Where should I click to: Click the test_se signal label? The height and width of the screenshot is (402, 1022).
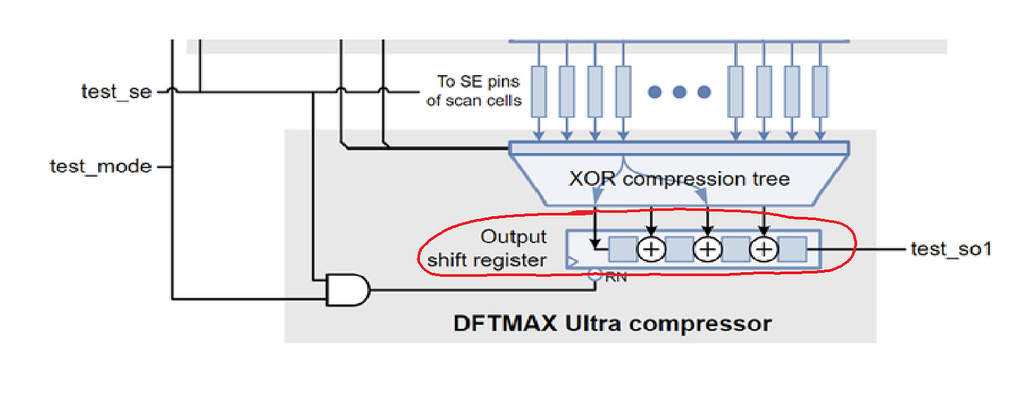point(116,92)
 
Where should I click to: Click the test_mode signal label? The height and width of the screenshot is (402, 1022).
point(100,167)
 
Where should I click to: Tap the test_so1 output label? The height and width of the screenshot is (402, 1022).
point(950,249)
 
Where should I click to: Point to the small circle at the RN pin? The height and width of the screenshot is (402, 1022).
point(595,276)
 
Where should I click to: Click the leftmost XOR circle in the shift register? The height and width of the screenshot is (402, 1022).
point(651,249)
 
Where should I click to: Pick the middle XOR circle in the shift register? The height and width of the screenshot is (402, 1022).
point(708,249)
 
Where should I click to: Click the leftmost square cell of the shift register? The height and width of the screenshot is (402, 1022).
point(623,249)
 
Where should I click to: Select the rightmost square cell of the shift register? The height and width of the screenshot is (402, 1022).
point(792,249)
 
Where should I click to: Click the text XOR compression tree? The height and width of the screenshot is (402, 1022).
point(679,179)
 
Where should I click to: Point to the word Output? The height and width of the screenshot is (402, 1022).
point(514,237)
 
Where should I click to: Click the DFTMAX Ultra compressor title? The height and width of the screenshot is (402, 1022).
point(612,324)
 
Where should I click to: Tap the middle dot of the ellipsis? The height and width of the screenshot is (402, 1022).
point(679,92)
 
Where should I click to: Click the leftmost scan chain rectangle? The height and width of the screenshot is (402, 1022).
point(538,91)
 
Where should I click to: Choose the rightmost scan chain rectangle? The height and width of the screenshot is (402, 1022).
point(820,91)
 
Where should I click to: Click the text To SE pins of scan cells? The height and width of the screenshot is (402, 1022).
point(474,92)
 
